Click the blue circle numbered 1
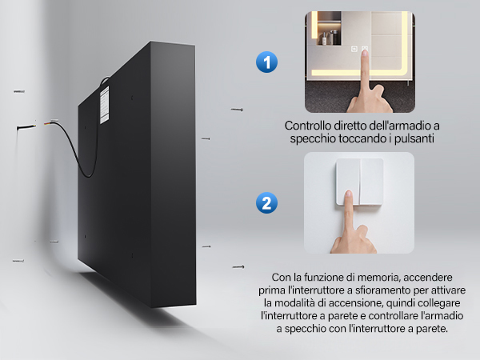pyautogui.click(x=266, y=62)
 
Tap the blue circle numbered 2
pyautogui.click(x=266, y=202)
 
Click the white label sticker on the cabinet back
pyautogui.click(x=104, y=105)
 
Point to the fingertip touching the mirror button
pyautogui.click(x=364, y=53)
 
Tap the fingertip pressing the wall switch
pyautogui.click(x=348, y=194)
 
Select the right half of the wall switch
pyautogui.click(x=371, y=182)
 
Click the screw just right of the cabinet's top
pyautogui.click(x=237, y=110)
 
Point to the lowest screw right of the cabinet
pyautogui.click(x=238, y=267)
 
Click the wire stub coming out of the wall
pyautogui.click(x=26, y=127)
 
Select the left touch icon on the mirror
pyautogui.click(x=354, y=49)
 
